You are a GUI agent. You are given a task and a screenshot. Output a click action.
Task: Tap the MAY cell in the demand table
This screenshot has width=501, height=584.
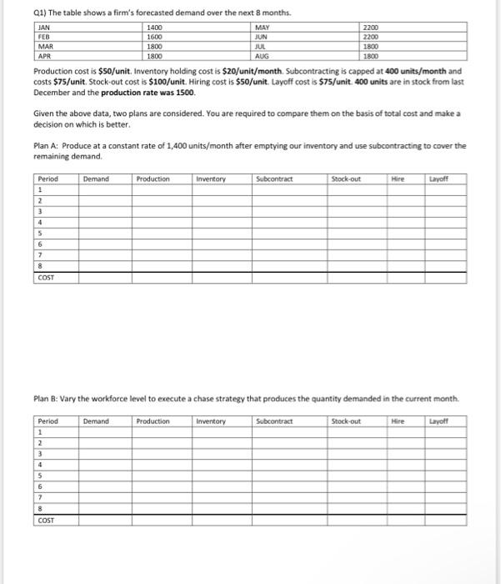click(x=262, y=28)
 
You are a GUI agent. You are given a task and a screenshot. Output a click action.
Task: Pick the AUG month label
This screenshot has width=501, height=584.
click(x=262, y=56)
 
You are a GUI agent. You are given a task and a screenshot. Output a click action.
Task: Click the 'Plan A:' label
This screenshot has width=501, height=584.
click(x=47, y=145)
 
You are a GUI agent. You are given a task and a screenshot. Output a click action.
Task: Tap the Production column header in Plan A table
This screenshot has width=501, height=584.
click(x=153, y=179)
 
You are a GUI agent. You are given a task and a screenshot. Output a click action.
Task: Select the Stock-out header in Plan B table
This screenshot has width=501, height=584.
click(x=345, y=421)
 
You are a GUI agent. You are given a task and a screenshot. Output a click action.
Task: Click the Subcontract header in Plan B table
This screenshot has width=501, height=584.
click(x=275, y=421)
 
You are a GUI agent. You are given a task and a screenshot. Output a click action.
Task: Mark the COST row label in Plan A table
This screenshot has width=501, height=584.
click(x=47, y=277)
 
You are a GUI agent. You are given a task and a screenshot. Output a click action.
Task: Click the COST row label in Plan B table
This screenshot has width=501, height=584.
click(x=47, y=520)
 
